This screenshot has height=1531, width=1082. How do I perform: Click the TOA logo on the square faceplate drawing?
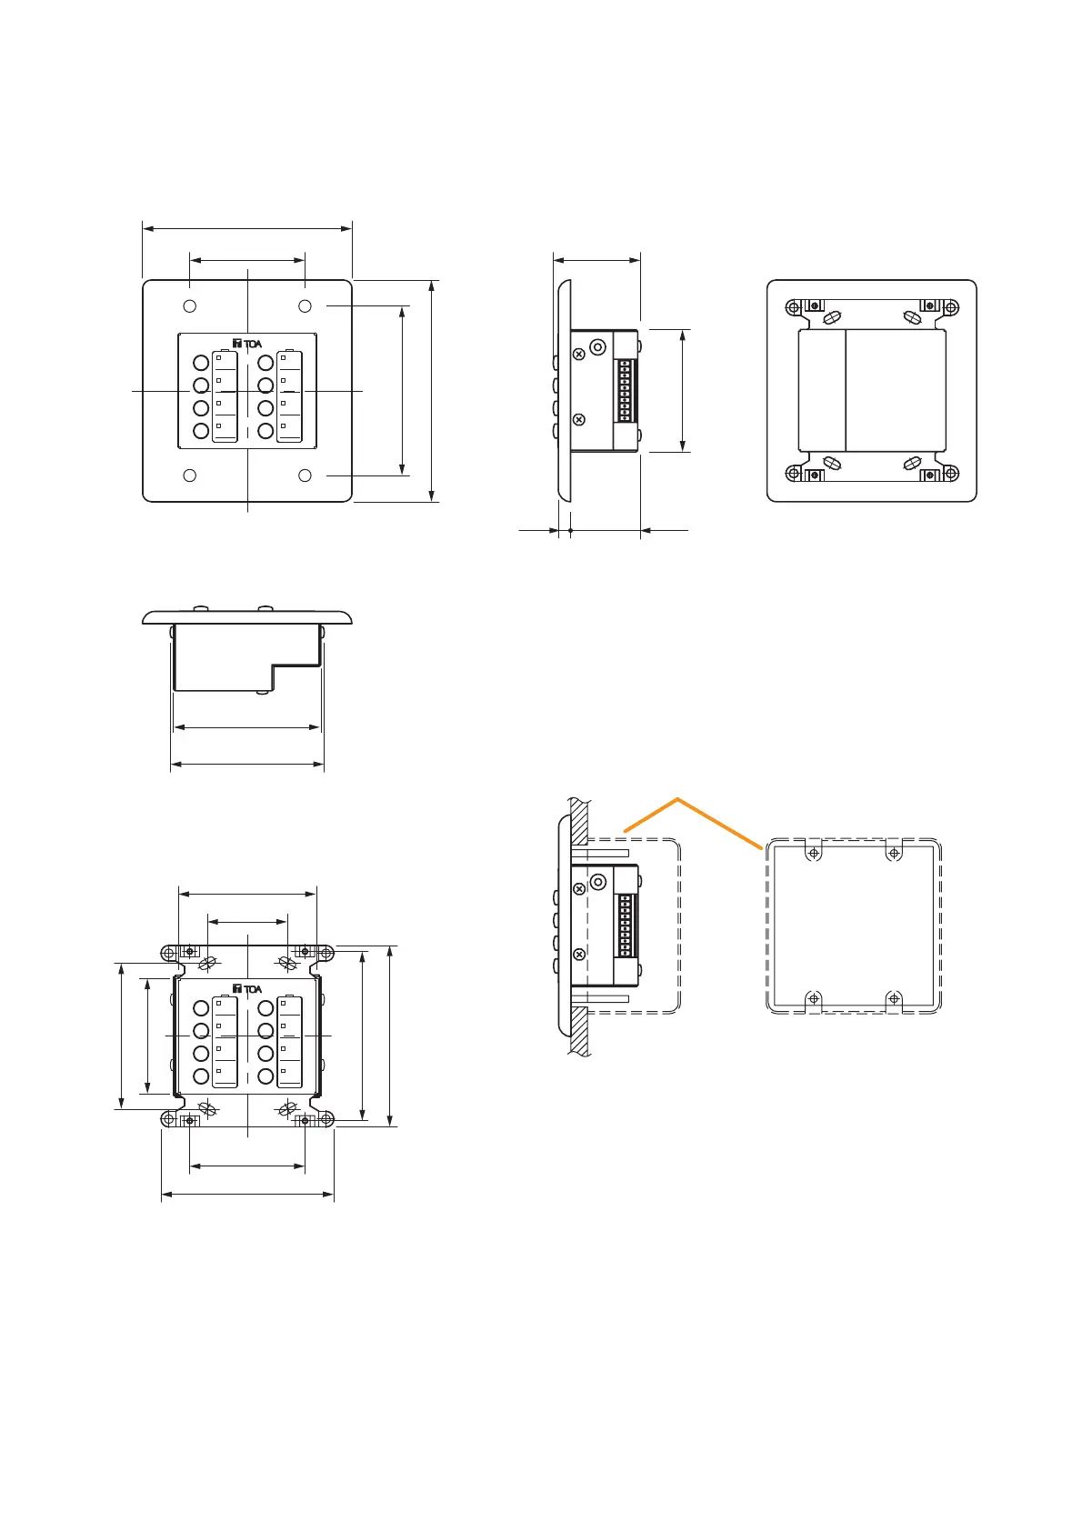pyautogui.click(x=247, y=344)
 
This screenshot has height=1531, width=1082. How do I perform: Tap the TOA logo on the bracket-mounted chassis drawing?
pyautogui.click(x=247, y=989)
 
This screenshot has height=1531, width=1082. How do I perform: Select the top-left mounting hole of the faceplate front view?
pyautogui.click(x=189, y=305)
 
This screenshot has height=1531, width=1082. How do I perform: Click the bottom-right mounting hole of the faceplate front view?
pyautogui.click(x=306, y=475)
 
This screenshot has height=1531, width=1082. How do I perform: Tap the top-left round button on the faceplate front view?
pyautogui.click(x=201, y=363)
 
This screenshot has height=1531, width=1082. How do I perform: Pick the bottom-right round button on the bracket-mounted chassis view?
pyautogui.click(x=265, y=1076)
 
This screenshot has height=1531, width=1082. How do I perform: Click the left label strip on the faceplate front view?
pyautogui.click(x=225, y=395)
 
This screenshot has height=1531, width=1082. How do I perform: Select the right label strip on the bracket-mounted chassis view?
pyautogui.click(x=289, y=1041)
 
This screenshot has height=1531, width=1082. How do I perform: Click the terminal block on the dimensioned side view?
pyautogui.click(x=625, y=391)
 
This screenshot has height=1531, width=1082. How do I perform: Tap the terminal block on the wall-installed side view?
pyautogui.click(x=625, y=926)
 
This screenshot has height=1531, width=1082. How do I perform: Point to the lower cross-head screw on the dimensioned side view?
pyautogui.click(x=579, y=419)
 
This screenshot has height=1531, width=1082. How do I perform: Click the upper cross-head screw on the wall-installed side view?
pyautogui.click(x=579, y=888)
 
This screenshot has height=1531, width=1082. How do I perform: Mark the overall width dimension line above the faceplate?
pyautogui.click(x=247, y=229)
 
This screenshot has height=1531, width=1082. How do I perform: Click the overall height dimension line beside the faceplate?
pyautogui.click(x=433, y=391)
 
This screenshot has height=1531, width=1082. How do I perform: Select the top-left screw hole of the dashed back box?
pyautogui.click(x=814, y=853)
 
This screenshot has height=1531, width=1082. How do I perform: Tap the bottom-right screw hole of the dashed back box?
pyautogui.click(x=894, y=998)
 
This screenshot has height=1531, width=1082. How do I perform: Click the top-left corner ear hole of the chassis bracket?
pyautogui.click(x=168, y=953)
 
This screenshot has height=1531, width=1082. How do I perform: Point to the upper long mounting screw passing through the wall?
pyautogui.click(x=600, y=855)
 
